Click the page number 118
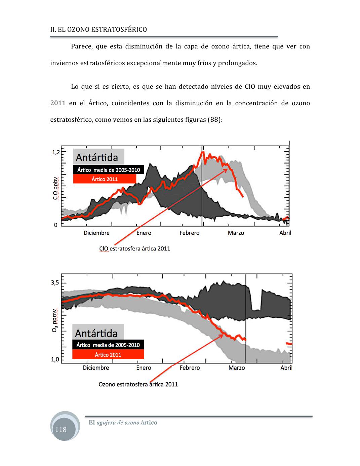61,429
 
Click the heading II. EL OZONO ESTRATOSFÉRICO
98,29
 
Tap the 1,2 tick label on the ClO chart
56,152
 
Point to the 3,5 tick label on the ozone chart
55,283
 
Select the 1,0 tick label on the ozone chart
55,359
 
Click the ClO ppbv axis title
55,188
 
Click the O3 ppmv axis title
55,320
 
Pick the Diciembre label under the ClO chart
96,233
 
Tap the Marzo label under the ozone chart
237,368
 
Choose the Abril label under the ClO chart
285,233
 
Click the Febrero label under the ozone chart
190,368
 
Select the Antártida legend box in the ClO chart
98,157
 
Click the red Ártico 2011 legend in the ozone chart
108,354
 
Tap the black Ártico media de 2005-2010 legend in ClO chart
109,170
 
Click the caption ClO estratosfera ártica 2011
134,248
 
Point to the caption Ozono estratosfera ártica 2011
138,384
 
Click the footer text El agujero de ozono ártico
123,422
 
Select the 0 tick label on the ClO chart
56,225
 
